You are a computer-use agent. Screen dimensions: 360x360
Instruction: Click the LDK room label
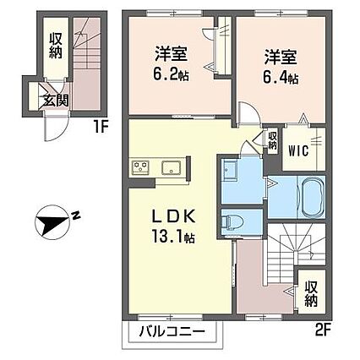tap(174, 217)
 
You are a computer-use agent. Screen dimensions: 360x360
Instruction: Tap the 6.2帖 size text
tap(171, 74)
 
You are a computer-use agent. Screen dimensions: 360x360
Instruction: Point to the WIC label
tap(298, 151)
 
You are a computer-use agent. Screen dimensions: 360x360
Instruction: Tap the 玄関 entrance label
tap(56, 101)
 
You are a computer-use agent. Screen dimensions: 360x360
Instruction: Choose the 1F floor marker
tap(101, 128)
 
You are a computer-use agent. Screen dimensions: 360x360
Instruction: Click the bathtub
tap(313, 196)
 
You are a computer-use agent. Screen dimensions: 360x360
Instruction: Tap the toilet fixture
tap(232, 221)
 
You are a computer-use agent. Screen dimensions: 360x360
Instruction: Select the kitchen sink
tap(172, 167)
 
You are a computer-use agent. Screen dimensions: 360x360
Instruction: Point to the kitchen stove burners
tap(140, 166)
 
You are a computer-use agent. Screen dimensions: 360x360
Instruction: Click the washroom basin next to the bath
tap(230, 168)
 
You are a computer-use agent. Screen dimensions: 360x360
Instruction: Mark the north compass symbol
tap(52, 222)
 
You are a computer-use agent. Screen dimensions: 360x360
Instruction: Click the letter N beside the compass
tap(75, 215)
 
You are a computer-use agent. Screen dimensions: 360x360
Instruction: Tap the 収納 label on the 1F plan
tap(56, 46)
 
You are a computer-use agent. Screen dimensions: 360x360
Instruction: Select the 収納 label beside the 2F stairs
tap(311, 294)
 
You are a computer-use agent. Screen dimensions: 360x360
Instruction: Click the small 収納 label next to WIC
tap(272, 140)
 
